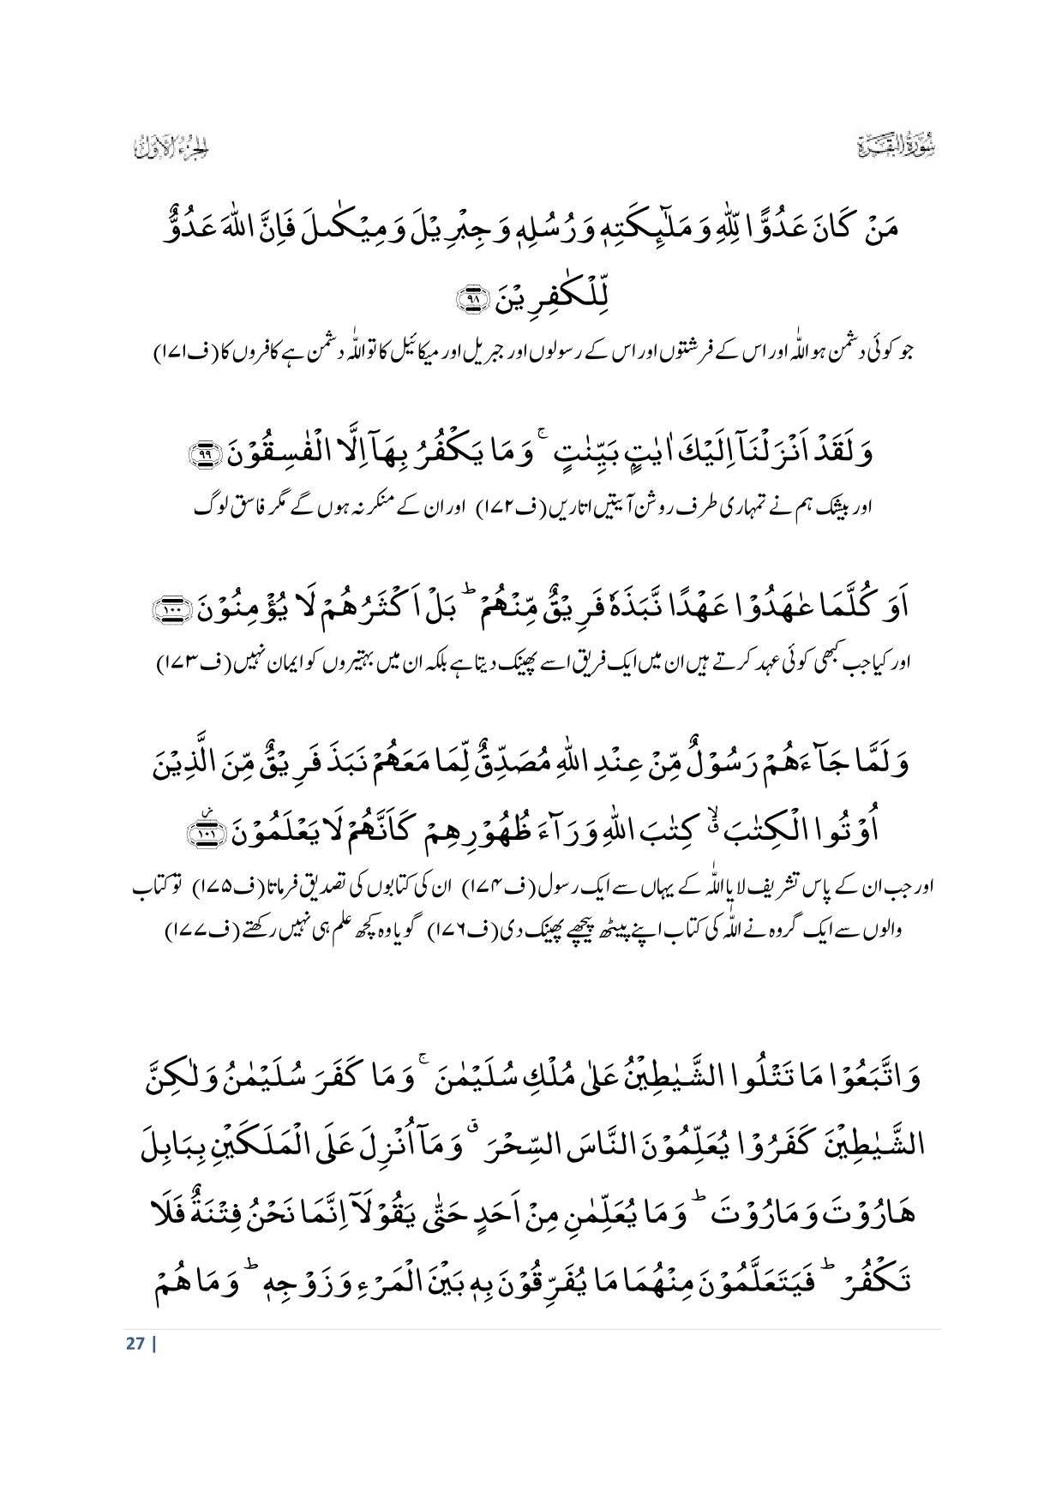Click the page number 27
point(135,1343)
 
